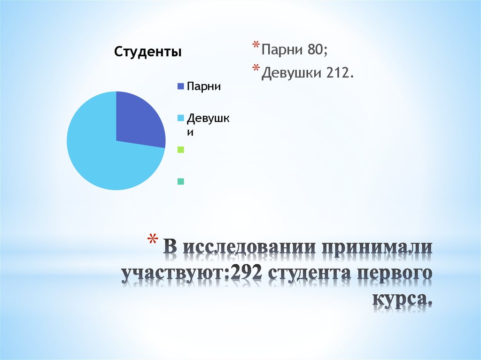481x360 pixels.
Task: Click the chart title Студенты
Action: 148,52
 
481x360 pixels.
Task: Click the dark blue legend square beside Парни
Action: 180,86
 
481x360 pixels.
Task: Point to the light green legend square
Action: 180,150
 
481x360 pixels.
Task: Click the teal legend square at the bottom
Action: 180,181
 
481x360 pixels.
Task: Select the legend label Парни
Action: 204,86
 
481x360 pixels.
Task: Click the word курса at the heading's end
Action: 402,299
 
